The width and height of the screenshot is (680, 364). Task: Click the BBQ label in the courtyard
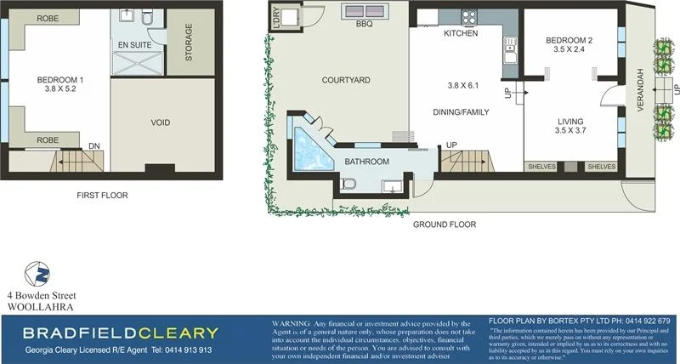point(365,26)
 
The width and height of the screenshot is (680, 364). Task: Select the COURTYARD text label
point(345,81)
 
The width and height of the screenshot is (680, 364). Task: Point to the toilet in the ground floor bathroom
point(348,184)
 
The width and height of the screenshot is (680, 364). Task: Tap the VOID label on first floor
point(161,122)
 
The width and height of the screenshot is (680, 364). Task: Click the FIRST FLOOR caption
point(101,196)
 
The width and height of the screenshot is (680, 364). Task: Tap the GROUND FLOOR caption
point(444,225)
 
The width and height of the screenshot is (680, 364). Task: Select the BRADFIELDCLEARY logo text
point(120,333)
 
